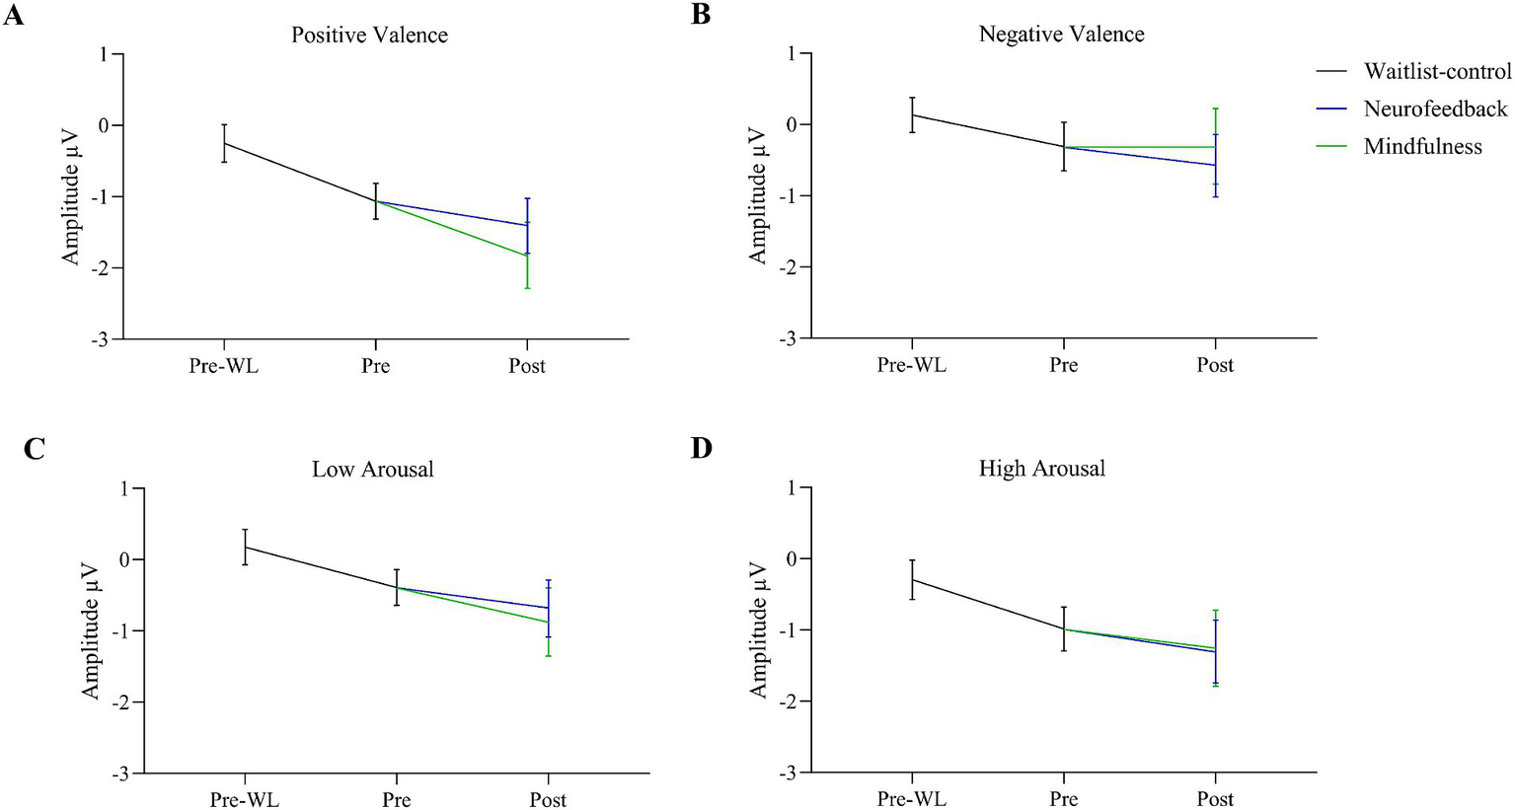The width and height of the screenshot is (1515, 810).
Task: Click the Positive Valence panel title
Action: (x=369, y=36)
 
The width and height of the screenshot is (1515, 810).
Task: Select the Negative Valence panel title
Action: (x=1061, y=35)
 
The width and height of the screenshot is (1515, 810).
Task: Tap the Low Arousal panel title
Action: (x=372, y=470)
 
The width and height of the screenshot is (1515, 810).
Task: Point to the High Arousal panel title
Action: (x=1041, y=469)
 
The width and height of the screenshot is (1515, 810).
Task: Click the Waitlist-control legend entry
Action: (x=1437, y=71)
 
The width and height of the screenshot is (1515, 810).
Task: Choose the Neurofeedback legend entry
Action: (x=1435, y=109)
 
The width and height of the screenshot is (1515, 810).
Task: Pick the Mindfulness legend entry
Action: (x=1422, y=147)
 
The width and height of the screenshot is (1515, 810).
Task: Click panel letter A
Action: (x=13, y=16)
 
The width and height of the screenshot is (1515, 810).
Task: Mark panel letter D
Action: (x=701, y=449)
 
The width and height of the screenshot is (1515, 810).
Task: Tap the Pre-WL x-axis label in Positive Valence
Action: (x=224, y=366)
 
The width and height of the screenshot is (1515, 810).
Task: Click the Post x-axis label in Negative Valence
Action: (x=1215, y=365)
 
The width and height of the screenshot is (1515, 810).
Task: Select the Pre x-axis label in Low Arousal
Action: (x=396, y=799)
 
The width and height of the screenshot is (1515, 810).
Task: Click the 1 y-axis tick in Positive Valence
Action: (x=104, y=54)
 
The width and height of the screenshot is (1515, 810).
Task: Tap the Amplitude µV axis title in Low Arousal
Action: (x=90, y=630)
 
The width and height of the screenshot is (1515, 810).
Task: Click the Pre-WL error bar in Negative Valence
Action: (x=912, y=114)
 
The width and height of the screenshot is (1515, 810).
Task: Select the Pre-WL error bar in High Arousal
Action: (x=912, y=579)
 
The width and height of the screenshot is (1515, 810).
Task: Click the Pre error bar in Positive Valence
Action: (x=376, y=200)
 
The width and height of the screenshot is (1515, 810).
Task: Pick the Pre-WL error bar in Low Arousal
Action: (x=245, y=547)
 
